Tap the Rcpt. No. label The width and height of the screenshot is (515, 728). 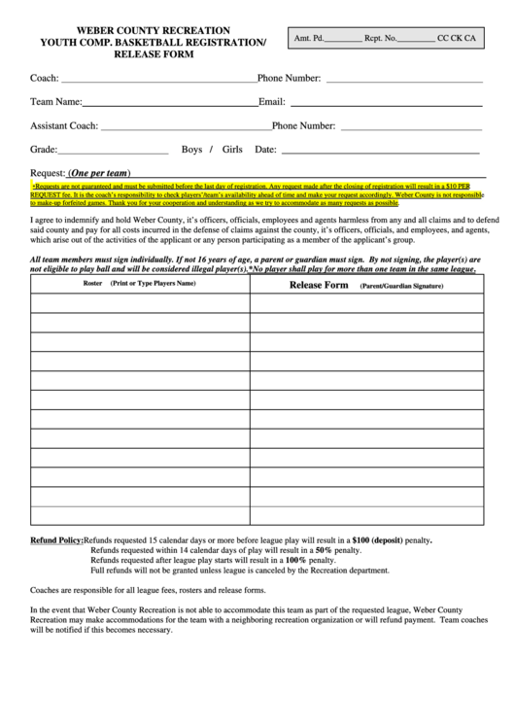click(380, 39)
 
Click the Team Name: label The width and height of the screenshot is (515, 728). click(56, 101)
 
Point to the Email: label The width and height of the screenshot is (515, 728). click(271, 101)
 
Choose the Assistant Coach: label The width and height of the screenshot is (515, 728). click(64, 125)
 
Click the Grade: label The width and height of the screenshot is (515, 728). click(44, 150)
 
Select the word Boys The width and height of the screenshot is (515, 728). click(191, 150)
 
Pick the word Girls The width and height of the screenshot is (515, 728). click(232, 150)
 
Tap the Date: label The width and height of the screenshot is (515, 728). click(265, 150)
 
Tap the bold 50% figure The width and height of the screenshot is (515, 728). click(316, 550)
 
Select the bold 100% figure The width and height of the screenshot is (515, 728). click(295, 561)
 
